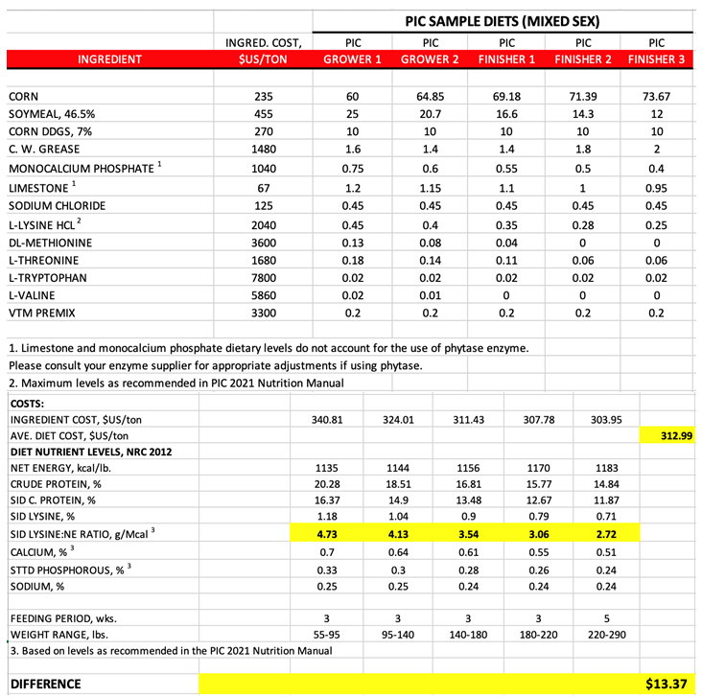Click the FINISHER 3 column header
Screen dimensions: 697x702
coord(657,59)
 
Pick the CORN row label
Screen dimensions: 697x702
coord(23,97)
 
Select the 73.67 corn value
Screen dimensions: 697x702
coord(657,97)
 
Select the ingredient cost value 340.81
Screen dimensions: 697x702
coord(329,420)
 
